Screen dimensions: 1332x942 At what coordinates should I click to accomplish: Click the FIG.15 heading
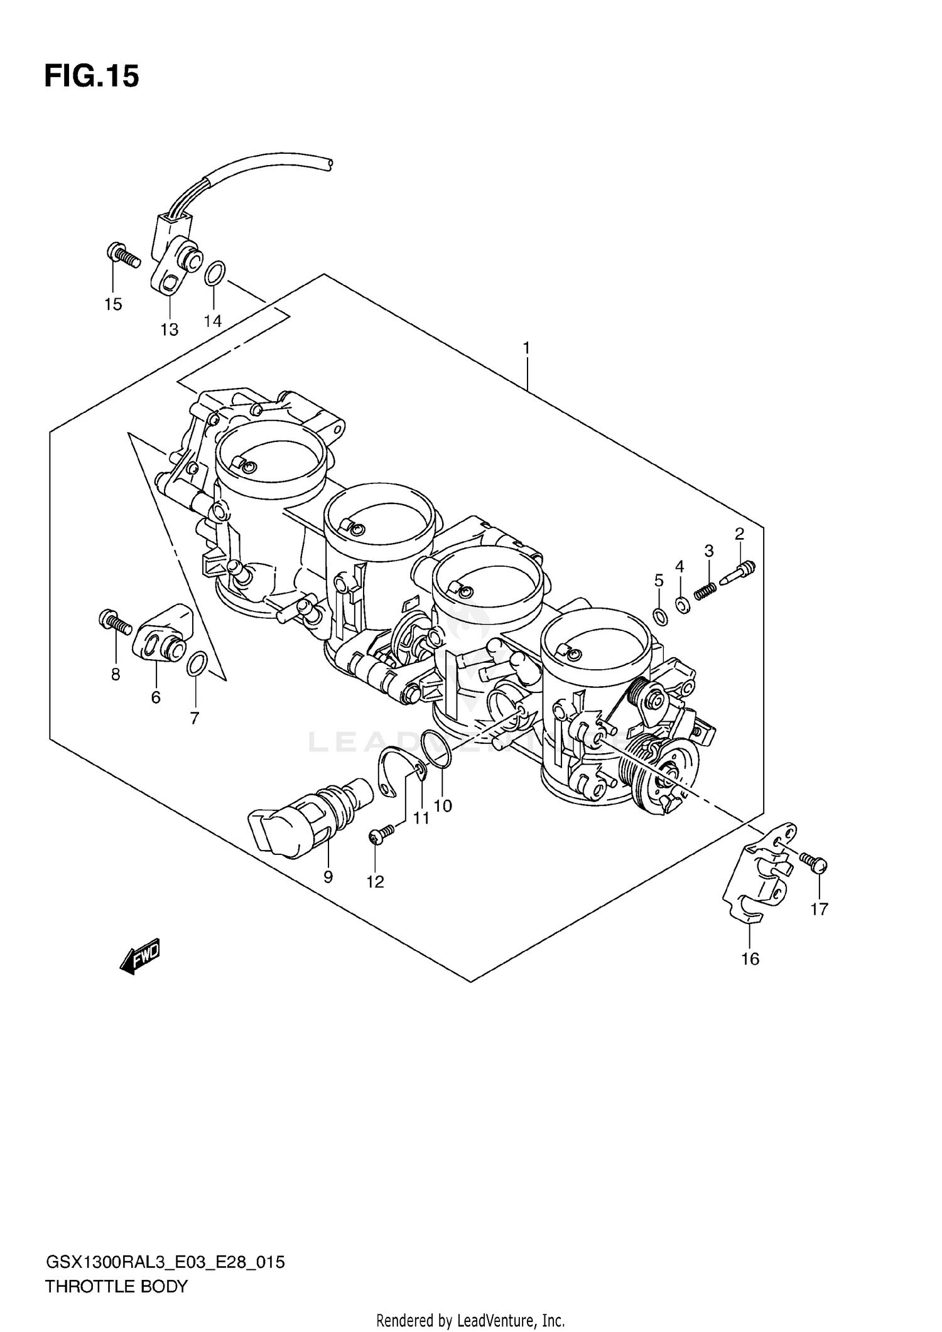[92, 77]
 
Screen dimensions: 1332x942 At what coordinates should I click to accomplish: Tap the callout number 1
[526, 347]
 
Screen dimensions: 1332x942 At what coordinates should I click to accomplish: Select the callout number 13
[169, 330]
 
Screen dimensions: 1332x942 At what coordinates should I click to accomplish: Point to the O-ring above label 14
[215, 274]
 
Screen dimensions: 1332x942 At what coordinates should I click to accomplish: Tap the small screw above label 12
[382, 833]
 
